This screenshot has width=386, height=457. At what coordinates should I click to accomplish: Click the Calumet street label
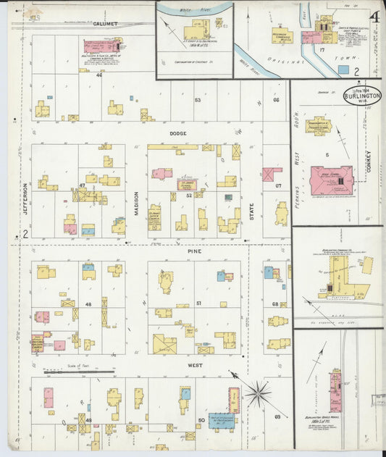click(x=105, y=23)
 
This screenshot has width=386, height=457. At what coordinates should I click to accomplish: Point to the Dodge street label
click(x=177, y=133)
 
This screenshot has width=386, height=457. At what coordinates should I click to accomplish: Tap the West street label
click(x=195, y=365)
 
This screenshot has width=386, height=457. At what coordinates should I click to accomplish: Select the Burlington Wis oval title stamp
click(x=361, y=96)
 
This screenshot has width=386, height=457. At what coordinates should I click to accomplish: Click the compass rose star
click(x=257, y=395)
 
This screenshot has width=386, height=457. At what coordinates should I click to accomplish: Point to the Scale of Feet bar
click(x=80, y=372)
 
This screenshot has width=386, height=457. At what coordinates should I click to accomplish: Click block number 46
click(x=98, y=75)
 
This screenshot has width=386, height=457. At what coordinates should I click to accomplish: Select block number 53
click(x=197, y=99)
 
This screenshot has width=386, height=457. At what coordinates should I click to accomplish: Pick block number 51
click(x=197, y=305)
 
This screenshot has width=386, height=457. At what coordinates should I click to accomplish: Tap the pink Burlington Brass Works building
click(x=335, y=390)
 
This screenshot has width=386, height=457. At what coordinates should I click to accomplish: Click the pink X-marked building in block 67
click(x=272, y=175)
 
